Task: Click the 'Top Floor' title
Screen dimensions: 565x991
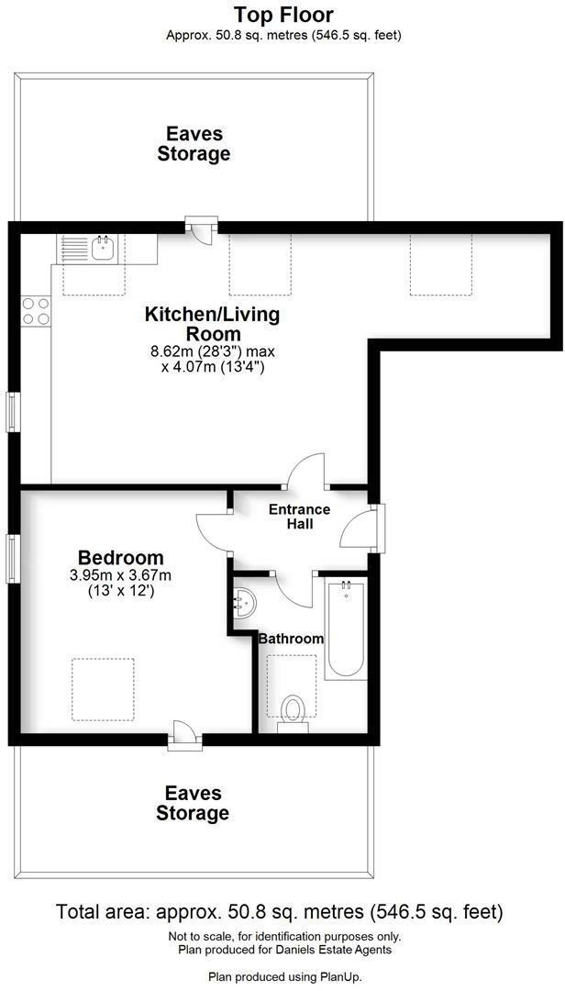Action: point(283,14)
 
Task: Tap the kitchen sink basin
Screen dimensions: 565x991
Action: point(104,248)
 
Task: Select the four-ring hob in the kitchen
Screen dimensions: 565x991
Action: point(36,311)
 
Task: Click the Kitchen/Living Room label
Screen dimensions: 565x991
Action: point(213,324)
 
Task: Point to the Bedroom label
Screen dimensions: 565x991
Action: point(121,558)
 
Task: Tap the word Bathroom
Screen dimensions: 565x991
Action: point(292,639)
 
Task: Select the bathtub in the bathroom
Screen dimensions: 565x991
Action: point(345,629)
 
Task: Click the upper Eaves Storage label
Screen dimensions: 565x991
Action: point(194,143)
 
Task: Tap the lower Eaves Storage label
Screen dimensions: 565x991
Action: point(193,803)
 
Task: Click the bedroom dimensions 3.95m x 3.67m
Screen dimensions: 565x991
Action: point(121,575)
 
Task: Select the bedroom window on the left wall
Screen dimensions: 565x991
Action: point(11,558)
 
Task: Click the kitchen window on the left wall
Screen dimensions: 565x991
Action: point(11,412)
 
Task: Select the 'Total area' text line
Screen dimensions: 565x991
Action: point(280,912)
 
